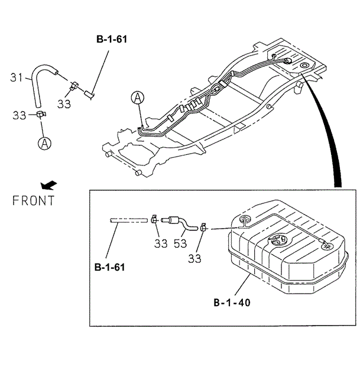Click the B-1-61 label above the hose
111,40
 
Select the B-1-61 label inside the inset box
109,268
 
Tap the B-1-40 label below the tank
232,304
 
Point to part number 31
17,77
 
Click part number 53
180,243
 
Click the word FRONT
34,200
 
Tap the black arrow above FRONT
50,183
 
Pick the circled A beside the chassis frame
137,97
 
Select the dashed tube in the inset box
128,220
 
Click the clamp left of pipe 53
154,219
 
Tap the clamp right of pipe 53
203,226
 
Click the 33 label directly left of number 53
161,243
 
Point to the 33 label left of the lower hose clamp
20,115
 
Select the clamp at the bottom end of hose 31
40,114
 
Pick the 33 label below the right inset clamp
194,258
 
